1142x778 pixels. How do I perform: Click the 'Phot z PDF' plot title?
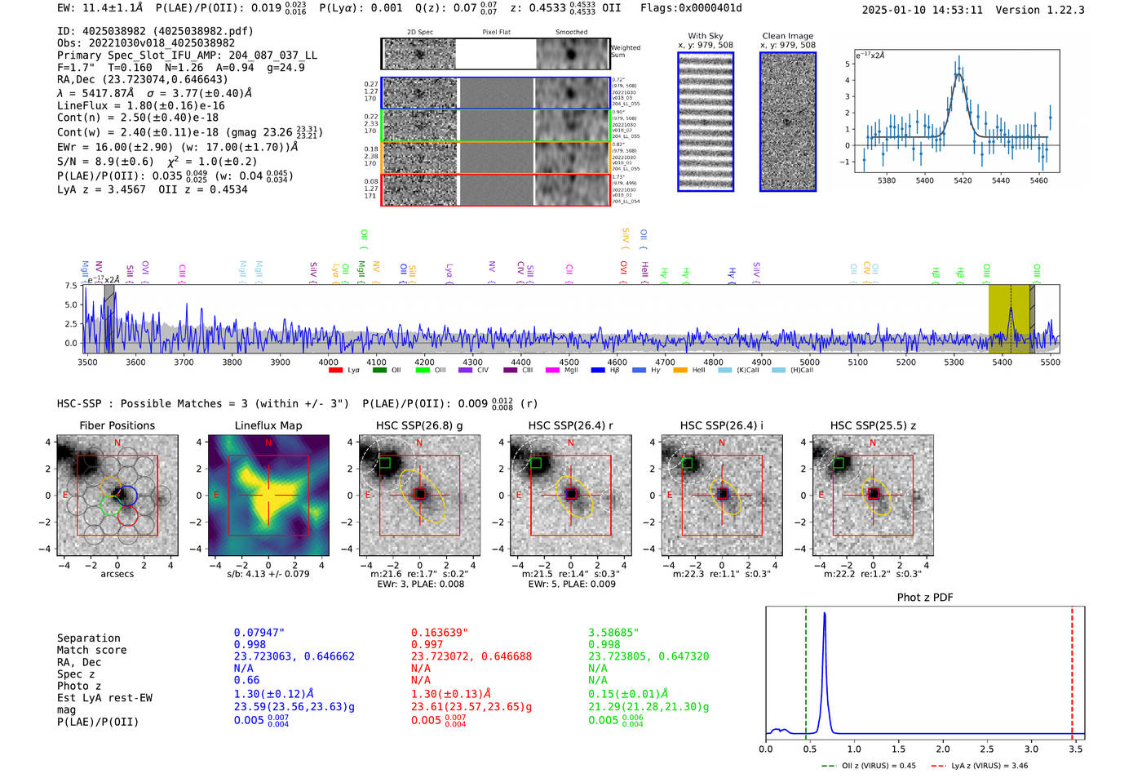[x=925, y=598]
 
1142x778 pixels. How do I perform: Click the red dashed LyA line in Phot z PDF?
[x=1072, y=669]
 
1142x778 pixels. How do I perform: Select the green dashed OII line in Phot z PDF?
[x=806, y=669]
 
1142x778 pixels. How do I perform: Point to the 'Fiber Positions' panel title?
[x=117, y=425]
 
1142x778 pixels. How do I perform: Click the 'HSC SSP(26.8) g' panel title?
[x=419, y=425]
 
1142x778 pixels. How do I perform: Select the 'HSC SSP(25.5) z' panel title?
[x=873, y=425]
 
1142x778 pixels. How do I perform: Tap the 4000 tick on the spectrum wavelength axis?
[x=328, y=362]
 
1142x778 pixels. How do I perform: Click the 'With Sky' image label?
[x=706, y=36]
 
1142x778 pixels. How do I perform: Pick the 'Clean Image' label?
[x=787, y=36]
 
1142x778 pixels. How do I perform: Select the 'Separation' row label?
[x=88, y=638]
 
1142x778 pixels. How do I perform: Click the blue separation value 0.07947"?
[x=259, y=633]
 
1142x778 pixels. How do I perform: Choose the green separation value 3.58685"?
[x=613, y=633]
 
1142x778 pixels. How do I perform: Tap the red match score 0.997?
[x=427, y=645]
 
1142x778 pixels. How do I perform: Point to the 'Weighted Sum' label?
[x=626, y=51]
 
